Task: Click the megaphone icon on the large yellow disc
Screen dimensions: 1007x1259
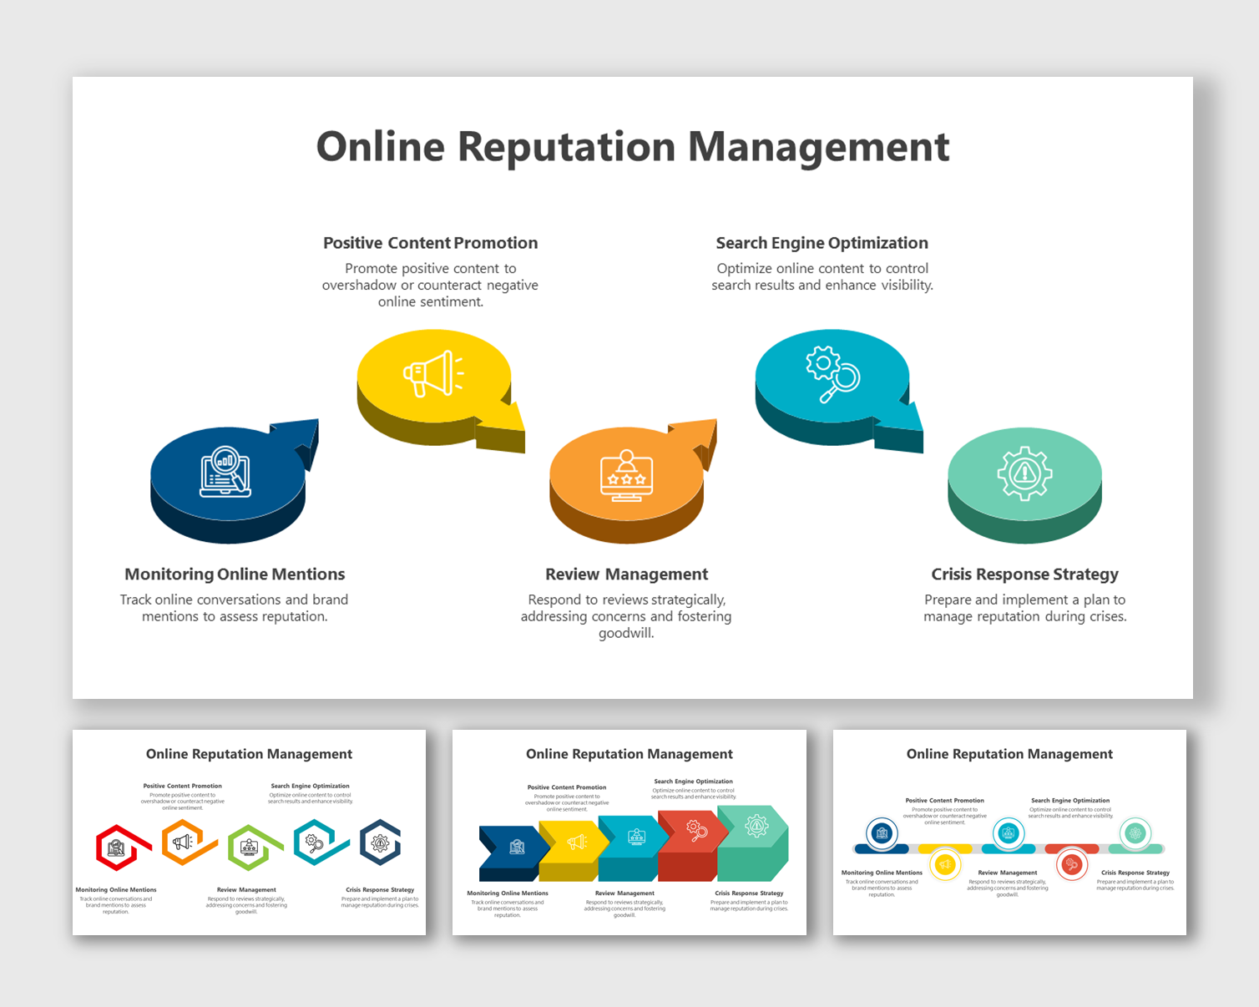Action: tap(433, 374)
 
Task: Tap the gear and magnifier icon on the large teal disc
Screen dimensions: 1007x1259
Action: tap(832, 373)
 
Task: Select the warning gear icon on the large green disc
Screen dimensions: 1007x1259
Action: tap(1024, 473)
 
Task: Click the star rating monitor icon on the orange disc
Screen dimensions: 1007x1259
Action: tap(626, 475)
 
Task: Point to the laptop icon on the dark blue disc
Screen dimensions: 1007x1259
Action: tap(225, 472)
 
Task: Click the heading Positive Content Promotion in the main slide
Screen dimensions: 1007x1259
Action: tap(430, 243)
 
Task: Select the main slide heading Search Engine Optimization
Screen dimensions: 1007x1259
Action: tap(822, 243)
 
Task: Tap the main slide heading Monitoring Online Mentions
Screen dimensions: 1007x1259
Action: tap(235, 574)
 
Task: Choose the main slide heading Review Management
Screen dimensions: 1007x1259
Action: tap(626, 574)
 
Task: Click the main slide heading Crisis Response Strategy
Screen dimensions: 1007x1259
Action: tap(1024, 574)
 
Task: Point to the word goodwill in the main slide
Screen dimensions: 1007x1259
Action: tap(624, 633)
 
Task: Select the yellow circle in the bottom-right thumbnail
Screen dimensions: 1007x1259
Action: tap(945, 864)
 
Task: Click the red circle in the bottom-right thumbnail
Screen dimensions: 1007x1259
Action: tap(1071, 864)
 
